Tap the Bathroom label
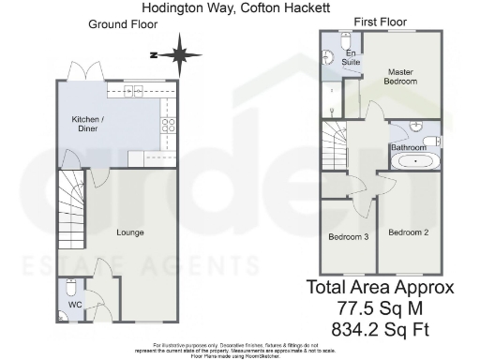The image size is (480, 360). coord(410,148)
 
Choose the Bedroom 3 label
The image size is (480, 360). coord(348,236)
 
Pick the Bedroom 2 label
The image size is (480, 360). coord(408,232)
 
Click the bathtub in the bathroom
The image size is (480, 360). coord(411,162)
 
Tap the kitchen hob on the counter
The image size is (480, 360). coord(170,127)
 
